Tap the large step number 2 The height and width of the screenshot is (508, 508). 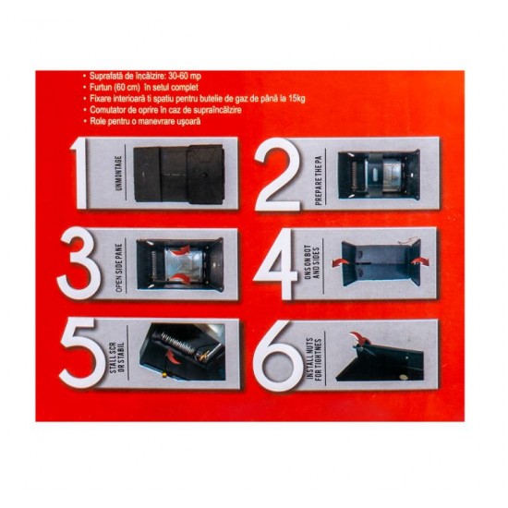tap(278, 174)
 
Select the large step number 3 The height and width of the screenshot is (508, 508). tap(79, 264)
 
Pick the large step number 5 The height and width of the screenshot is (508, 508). tap(79, 354)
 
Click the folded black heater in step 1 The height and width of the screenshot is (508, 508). tap(179, 174)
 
